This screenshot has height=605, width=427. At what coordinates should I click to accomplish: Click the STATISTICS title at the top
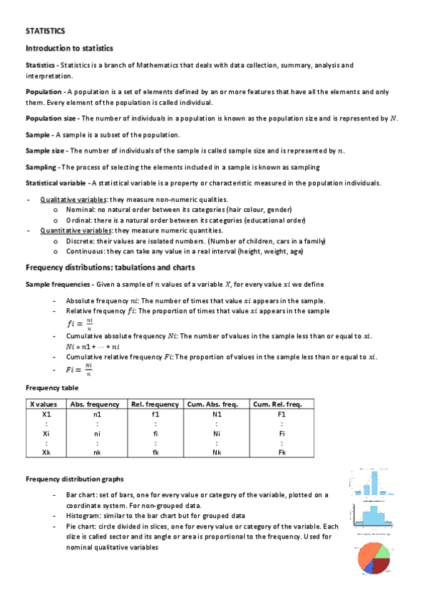coord(45,31)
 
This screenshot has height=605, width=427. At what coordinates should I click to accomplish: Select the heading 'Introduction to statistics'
coord(69,49)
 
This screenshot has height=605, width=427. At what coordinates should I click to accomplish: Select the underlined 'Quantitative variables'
coord(74,230)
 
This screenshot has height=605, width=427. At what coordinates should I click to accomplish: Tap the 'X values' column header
coord(46,405)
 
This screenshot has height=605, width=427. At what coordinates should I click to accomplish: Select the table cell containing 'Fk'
coord(282,452)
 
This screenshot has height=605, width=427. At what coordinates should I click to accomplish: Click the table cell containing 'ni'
coord(96,433)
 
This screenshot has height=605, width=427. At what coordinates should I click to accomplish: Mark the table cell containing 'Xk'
coord(46,452)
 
